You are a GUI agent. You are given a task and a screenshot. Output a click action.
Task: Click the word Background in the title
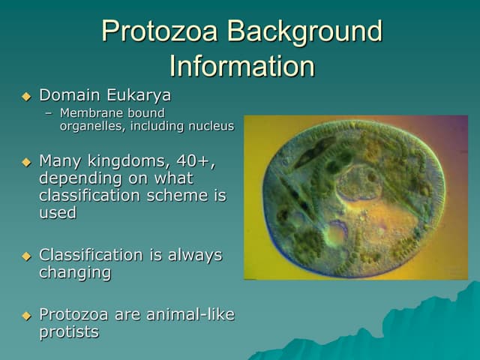pos(305,31)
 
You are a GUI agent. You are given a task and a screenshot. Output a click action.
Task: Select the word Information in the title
pos(241,66)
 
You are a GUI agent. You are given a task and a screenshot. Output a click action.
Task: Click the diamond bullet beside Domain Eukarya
pos(26,97)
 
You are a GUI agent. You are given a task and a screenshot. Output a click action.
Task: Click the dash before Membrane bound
pos(49,113)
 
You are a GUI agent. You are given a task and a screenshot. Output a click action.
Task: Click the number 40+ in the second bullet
pos(196,160)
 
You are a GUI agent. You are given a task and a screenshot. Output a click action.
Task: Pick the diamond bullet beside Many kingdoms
pos(26,161)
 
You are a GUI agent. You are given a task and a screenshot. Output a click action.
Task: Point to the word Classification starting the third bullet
pos(91,255)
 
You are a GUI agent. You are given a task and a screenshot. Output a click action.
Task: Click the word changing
pos(74,273)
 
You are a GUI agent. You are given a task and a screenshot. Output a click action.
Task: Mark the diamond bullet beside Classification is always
pos(26,256)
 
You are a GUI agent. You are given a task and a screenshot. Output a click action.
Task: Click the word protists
pos(68,332)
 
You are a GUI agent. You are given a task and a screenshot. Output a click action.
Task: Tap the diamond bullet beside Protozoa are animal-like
pos(26,315)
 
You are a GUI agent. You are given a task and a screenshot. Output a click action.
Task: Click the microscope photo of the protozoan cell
pos(355,197)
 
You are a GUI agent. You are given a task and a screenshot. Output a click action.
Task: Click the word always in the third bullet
pos(193,255)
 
